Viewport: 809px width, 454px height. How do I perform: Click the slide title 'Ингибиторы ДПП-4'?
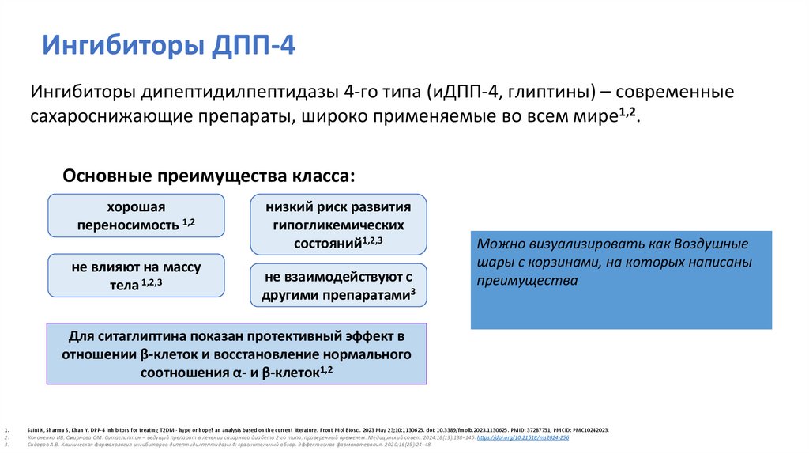coord(169,44)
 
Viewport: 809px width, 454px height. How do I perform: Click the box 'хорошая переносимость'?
coord(136,215)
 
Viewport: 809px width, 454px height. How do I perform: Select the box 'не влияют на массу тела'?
coord(136,274)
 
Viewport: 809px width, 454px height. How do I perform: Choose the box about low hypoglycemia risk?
coord(338,225)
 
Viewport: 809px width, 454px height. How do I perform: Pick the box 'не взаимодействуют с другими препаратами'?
coord(338,286)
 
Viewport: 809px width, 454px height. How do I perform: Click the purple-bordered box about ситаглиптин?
coord(237,353)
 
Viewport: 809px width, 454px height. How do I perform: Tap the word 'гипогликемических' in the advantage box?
coord(338,225)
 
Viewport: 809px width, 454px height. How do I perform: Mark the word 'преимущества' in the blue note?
coord(528,280)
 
